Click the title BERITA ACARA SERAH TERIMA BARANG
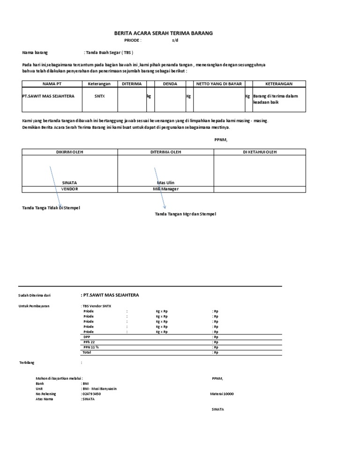click(x=164, y=33)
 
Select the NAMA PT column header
click(x=52, y=83)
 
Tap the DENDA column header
click(x=170, y=83)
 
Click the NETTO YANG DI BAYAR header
click(x=219, y=83)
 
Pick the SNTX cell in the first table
click(x=99, y=96)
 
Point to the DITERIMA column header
click(x=131, y=83)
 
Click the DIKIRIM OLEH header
click(x=69, y=152)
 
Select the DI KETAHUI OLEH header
click(x=260, y=152)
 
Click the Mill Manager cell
click(x=165, y=189)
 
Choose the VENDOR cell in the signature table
click(x=69, y=189)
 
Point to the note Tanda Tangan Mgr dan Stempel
click(x=186, y=214)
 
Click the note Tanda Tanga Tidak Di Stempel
click(x=51, y=207)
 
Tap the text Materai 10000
click(x=222, y=394)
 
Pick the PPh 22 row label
click(x=89, y=342)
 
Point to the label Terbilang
click(x=27, y=362)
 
